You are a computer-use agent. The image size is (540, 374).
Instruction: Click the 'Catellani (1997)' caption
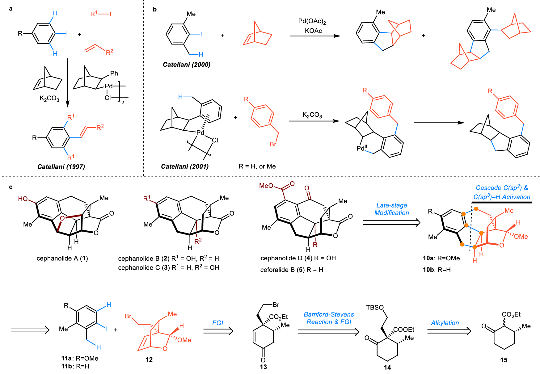coord(61,167)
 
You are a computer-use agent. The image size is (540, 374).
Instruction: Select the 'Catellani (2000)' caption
coord(187,65)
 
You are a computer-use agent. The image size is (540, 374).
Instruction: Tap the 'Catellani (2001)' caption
coord(185,166)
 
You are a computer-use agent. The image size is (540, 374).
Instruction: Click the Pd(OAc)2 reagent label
coord(312,21)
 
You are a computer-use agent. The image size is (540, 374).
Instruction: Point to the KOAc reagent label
coord(313,31)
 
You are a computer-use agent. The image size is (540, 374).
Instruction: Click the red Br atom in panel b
coord(273,144)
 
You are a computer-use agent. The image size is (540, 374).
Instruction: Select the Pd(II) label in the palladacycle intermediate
coord(362,148)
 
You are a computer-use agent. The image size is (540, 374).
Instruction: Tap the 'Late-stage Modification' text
coord(392,209)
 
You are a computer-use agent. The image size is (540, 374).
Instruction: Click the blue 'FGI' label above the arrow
coord(217,323)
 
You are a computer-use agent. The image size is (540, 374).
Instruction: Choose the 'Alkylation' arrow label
coord(445,323)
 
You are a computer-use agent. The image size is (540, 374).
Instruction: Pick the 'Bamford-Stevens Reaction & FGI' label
coord(329,318)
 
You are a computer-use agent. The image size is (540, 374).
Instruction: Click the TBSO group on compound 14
coord(375,308)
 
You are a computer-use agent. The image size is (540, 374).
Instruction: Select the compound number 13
coord(263,367)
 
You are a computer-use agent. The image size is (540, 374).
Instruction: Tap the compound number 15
coord(504,360)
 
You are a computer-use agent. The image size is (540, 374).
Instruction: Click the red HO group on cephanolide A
coord(23,199)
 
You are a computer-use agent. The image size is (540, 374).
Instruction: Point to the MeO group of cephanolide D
coord(266,186)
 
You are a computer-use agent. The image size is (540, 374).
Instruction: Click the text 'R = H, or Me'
coord(257,166)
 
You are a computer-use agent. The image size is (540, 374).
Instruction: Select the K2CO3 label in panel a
coord(49,99)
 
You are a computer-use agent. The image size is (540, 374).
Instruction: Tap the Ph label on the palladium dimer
coord(114,74)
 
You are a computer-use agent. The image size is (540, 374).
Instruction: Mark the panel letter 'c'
coord(11,187)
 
